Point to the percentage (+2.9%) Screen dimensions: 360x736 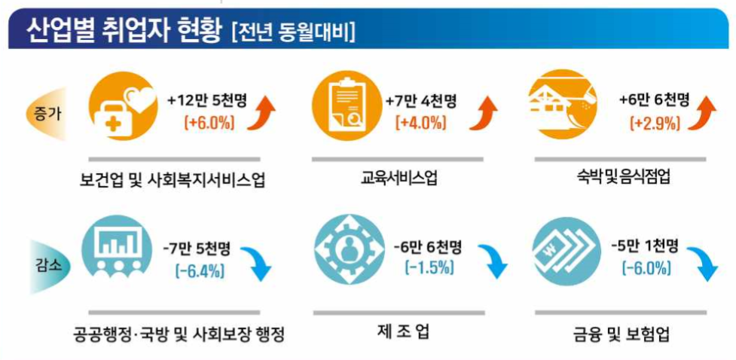tap(654, 123)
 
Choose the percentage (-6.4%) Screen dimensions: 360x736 tap(198, 271)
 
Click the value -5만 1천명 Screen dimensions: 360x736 tap(645, 246)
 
